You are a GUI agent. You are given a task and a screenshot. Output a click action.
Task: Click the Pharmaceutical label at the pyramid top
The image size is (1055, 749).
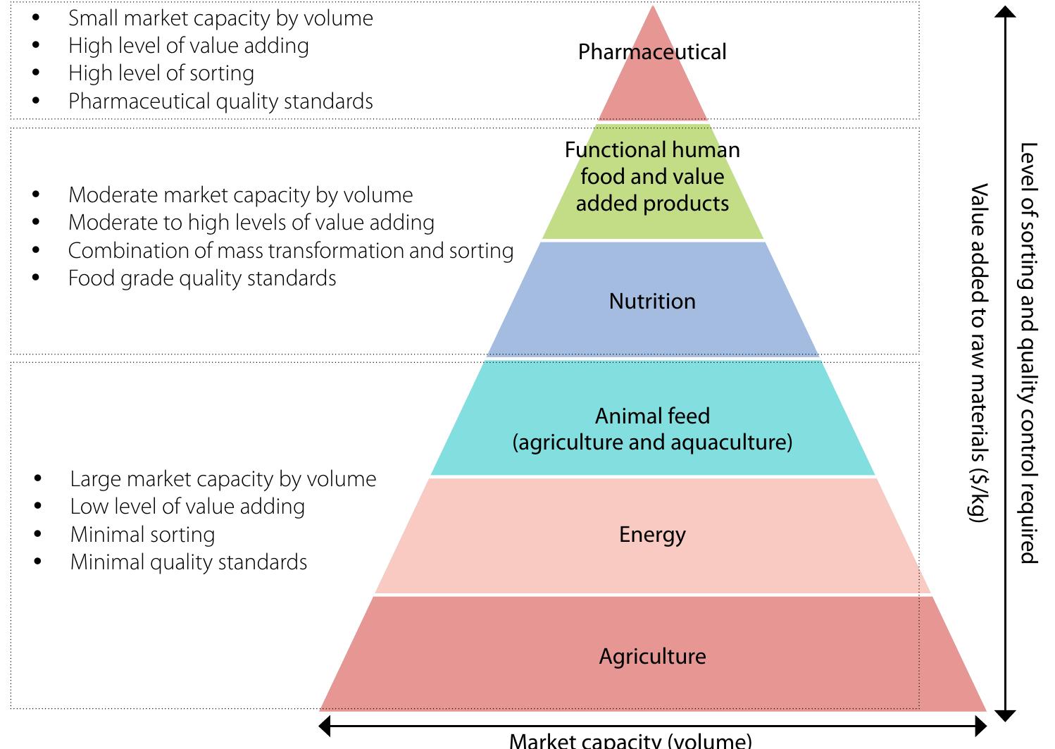coord(652,52)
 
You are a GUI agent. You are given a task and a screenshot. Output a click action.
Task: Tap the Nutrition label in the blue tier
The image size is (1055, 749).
coord(652,302)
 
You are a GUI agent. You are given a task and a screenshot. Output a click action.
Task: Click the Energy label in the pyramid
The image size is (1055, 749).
coord(652,535)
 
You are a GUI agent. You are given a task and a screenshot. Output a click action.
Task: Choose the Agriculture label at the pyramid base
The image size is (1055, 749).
coord(652,657)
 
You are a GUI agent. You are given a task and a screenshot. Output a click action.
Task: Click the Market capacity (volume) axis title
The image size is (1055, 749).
coord(630,741)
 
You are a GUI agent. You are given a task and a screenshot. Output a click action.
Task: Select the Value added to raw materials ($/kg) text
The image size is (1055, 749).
coord(979,352)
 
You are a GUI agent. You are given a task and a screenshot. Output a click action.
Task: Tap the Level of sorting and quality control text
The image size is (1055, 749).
coord(1029,352)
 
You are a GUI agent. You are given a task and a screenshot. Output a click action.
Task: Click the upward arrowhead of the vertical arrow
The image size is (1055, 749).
coord(1006,12)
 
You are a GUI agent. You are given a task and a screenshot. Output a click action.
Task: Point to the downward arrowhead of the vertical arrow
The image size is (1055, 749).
coord(1006,716)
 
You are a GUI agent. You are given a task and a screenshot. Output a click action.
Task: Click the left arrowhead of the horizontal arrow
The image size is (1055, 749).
coord(325,726)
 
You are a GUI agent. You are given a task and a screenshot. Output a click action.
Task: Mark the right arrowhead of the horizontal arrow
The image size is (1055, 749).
coord(980,726)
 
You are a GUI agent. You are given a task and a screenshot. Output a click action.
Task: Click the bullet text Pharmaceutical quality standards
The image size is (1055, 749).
coord(220,101)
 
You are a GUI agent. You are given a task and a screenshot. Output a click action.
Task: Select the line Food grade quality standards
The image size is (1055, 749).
coord(202,278)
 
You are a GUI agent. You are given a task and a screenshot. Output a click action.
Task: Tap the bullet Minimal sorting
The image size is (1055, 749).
coord(142,535)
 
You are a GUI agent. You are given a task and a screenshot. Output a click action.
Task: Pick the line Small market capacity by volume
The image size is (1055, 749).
coord(220,18)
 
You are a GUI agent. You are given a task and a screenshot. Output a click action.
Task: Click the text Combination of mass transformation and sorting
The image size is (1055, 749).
coord(290,251)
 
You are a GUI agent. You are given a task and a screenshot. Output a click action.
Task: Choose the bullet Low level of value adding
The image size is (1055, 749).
coord(187,507)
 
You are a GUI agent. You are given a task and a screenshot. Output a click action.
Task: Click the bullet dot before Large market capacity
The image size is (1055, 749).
coord(37,479)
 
